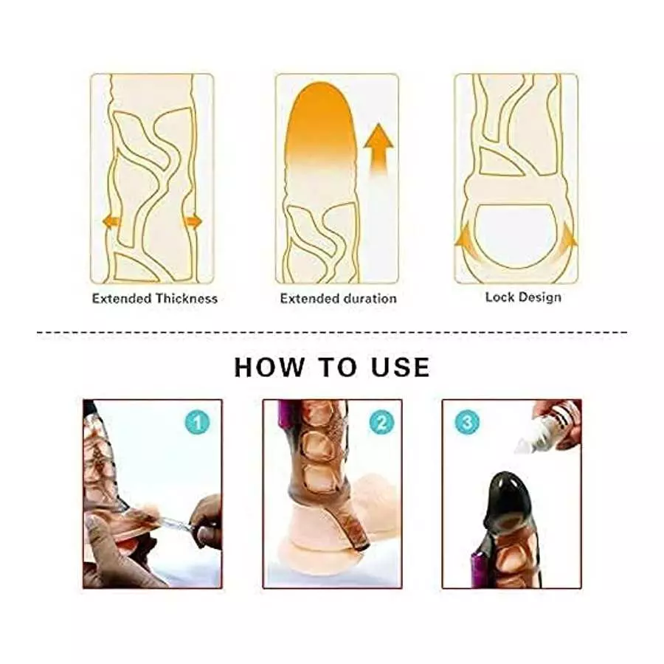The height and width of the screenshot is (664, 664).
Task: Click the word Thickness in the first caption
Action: [x=186, y=299]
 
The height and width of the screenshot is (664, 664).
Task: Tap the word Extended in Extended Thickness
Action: [x=122, y=299]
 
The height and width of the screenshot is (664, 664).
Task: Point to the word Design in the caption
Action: [x=539, y=297]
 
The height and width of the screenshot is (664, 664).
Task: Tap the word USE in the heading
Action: [x=401, y=367]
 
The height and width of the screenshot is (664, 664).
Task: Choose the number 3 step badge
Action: [x=468, y=423]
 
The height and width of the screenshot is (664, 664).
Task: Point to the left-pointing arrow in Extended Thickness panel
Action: [x=111, y=221]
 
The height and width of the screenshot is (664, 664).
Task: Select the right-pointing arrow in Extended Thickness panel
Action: [x=193, y=221]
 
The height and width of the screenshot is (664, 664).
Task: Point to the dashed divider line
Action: [x=332, y=332]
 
